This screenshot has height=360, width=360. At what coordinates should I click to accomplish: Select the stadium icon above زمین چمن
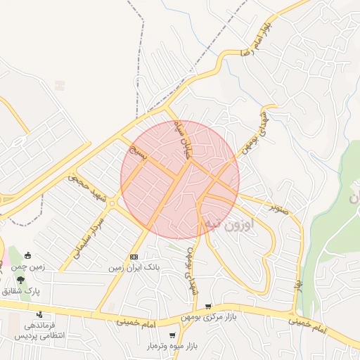point(27,255)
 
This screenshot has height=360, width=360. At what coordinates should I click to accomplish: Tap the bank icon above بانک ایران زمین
point(134,257)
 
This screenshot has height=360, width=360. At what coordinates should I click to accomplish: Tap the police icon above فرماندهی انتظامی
point(39,314)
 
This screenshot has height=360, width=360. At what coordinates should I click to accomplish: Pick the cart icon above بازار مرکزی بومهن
point(208,307)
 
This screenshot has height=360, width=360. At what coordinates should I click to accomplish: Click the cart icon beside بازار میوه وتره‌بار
point(173,336)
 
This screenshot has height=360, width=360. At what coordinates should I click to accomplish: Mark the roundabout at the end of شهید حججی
point(112,203)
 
